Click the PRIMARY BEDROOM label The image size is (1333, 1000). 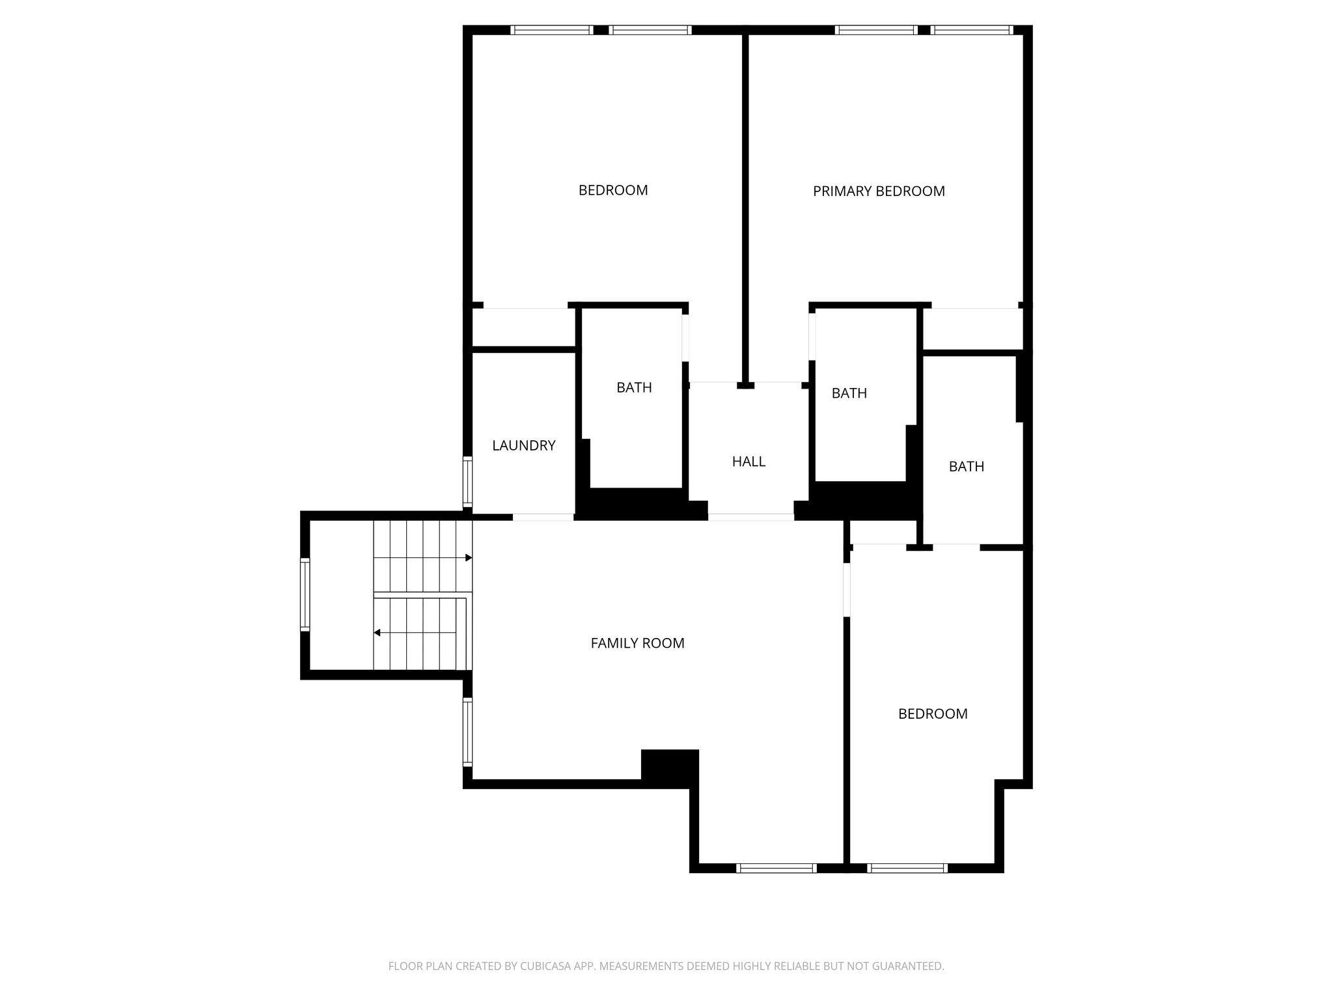click(879, 191)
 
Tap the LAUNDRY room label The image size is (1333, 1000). click(523, 446)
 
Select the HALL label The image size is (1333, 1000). click(749, 462)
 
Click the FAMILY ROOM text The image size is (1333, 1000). click(637, 643)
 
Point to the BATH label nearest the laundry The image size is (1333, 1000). click(634, 388)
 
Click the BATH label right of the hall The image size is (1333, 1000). click(849, 393)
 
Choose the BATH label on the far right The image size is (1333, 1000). click(966, 467)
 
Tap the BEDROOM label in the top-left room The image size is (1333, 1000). click(613, 191)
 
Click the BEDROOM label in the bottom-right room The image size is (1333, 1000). click(933, 714)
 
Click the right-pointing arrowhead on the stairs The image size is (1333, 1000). click(469, 558)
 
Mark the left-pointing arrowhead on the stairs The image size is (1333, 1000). click(377, 633)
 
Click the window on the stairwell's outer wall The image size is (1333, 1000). click(305, 594)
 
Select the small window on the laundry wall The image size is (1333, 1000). click(467, 482)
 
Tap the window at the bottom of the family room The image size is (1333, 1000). click(776, 868)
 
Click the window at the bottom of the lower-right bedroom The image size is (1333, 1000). click(907, 868)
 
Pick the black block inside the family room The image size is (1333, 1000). click(670, 766)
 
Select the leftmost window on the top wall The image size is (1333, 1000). click(551, 30)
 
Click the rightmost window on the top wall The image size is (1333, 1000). click(971, 30)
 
